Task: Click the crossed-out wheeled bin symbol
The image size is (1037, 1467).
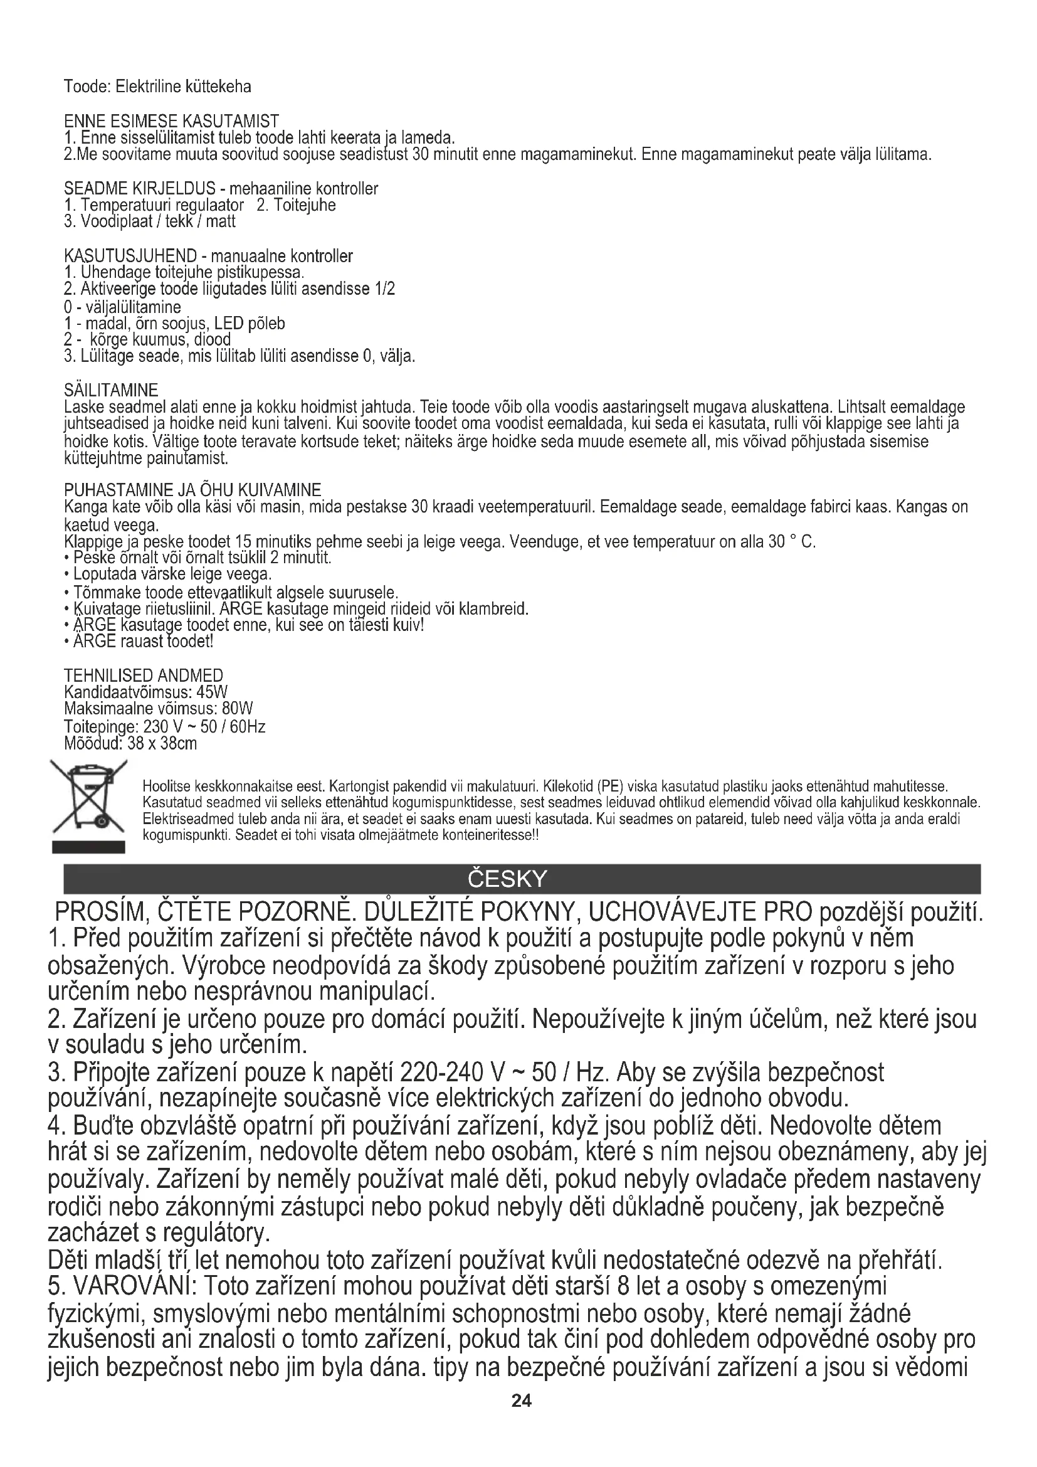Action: click(88, 797)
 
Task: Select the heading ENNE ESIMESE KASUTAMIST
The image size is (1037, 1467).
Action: click(171, 121)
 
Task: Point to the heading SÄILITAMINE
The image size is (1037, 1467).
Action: click(111, 389)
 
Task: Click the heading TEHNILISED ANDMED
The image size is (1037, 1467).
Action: click(144, 675)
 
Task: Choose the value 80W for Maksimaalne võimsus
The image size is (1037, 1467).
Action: click(238, 709)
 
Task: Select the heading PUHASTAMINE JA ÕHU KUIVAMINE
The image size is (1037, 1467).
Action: click(192, 490)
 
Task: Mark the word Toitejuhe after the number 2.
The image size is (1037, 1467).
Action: click(305, 205)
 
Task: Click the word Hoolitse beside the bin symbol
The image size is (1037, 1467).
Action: click(167, 785)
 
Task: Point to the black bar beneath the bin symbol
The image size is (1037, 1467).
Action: click(88, 847)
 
